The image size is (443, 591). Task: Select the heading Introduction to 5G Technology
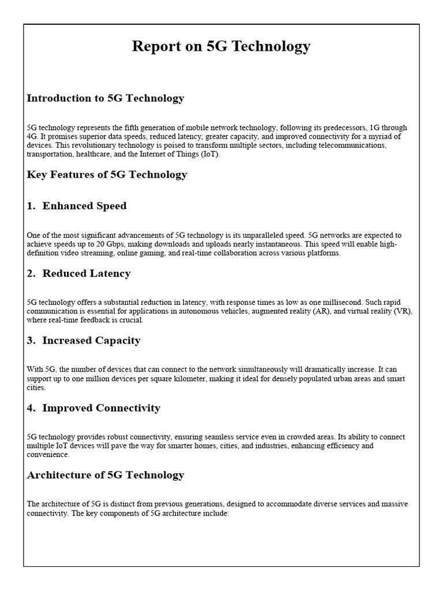106,98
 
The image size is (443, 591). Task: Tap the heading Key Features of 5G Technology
107,174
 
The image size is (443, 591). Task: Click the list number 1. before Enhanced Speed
32,206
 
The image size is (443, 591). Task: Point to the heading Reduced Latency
87,274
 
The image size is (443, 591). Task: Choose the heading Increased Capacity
91,341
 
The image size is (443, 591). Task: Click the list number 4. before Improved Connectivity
32,408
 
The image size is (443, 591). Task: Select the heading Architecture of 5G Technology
106,475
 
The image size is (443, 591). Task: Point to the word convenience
48,454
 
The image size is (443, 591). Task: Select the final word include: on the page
217,513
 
